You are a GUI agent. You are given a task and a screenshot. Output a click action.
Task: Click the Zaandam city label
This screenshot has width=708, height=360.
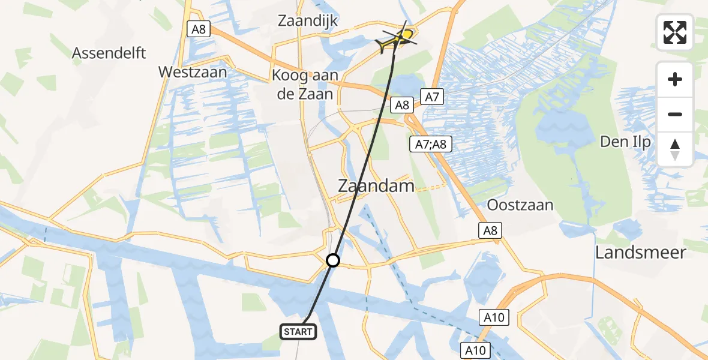click(x=376, y=185)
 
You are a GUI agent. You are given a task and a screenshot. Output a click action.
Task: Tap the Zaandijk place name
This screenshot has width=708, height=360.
click(x=308, y=21)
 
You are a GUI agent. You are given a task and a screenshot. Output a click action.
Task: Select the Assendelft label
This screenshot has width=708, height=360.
click(x=109, y=53)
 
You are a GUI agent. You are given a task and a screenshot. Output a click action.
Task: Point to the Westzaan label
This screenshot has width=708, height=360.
click(x=193, y=72)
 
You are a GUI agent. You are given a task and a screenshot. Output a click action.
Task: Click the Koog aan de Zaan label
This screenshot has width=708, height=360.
click(x=305, y=85)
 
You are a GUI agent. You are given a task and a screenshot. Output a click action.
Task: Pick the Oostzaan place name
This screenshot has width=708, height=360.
click(x=520, y=205)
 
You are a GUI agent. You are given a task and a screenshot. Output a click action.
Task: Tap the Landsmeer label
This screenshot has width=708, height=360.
click(x=640, y=252)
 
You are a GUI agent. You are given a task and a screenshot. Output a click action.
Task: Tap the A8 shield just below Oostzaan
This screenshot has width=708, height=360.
click(x=489, y=230)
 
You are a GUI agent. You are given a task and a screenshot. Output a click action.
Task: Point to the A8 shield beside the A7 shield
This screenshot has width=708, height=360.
click(x=401, y=106)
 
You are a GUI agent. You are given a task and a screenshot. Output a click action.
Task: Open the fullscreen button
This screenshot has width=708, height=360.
click(x=675, y=32)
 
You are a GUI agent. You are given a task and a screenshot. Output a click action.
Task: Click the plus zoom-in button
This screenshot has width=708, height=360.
click(x=675, y=79)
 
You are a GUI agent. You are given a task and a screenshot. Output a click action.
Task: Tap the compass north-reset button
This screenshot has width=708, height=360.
click(x=675, y=149)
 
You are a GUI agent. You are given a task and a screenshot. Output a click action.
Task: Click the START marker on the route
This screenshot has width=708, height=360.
click(x=298, y=331)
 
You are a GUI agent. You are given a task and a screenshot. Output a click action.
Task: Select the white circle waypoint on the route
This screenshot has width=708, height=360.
click(x=332, y=260)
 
